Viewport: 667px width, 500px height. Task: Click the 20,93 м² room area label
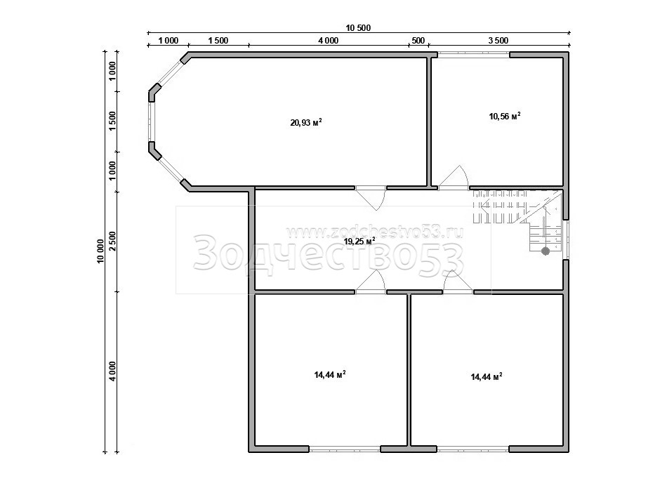pyautogui.click(x=306, y=123)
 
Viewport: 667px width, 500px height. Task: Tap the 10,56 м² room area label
pyautogui.click(x=505, y=116)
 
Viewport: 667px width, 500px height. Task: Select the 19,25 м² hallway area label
pyautogui.click(x=359, y=242)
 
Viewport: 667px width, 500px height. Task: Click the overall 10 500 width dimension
pyautogui.click(x=358, y=28)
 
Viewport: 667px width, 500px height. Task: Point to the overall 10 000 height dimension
pyautogui.click(x=101, y=251)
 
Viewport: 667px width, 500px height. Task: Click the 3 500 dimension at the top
pyautogui.click(x=498, y=41)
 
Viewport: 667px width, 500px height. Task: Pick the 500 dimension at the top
pyautogui.click(x=418, y=41)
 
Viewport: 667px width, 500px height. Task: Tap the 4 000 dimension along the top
pyautogui.click(x=329, y=41)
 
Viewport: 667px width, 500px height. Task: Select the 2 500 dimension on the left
pyautogui.click(x=112, y=241)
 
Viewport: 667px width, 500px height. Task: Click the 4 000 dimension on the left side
pyautogui.click(x=112, y=371)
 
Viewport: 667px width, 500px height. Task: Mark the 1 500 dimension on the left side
pyautogui.click(x=112, y=121)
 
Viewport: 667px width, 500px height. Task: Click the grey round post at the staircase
pyautogui.click(x=546, y=251)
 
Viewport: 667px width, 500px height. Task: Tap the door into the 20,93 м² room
pyautogui.click(x=371, y=198)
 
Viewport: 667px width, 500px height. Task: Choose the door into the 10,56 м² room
pyautogui.click(x=454, y=177)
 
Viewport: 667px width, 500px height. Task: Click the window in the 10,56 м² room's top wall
pyautogui.click(x=474, y=54)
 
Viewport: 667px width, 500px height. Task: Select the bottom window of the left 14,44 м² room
pyautogui.click(x=345, y=449)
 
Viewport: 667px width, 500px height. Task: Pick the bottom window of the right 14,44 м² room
pyautogui.click(x=473, y=449)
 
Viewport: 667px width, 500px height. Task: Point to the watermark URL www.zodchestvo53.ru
pyautogui.click(x=374, y=232)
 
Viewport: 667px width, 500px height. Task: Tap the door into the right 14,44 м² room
pyautogui.click(x=458, y=282)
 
